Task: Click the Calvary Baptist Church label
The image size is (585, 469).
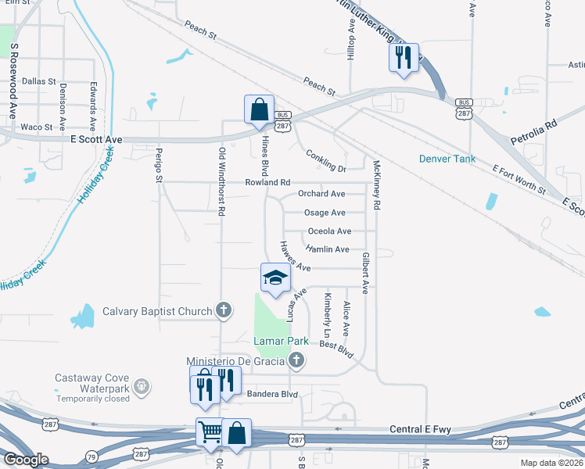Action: tap(157, 311)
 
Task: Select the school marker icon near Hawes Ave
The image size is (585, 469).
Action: tap(275, 278)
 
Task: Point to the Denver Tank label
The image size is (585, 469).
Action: tap(447, 159)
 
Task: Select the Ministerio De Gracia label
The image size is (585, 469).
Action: tap(235, 360)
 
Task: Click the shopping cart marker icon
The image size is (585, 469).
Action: tap(210, 431)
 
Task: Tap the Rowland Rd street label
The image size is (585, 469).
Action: tap(267, 182)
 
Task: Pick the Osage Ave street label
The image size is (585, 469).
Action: tap(325, 213)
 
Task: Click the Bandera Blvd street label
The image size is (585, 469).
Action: tap(273, 394)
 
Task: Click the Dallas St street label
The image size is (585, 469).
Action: tap(39, 81)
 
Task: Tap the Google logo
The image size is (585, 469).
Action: tap(26, 459)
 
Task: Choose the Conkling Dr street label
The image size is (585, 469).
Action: tap(326, 161)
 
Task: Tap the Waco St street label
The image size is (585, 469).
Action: tap(36, 127)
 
